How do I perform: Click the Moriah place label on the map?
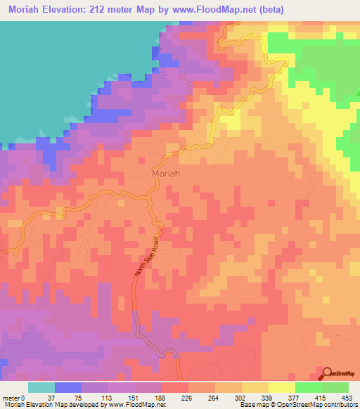click(x=166, y=173)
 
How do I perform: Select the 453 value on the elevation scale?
click(x=345, y=397)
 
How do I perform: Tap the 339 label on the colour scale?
click(x=265, y=397)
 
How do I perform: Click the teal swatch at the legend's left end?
click(x=41, y=387)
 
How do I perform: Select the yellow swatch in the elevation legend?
click(x=281, y=387)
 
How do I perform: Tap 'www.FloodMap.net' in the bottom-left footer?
click(x=143, y=405)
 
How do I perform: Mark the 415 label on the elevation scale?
click(x=319, y=397)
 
